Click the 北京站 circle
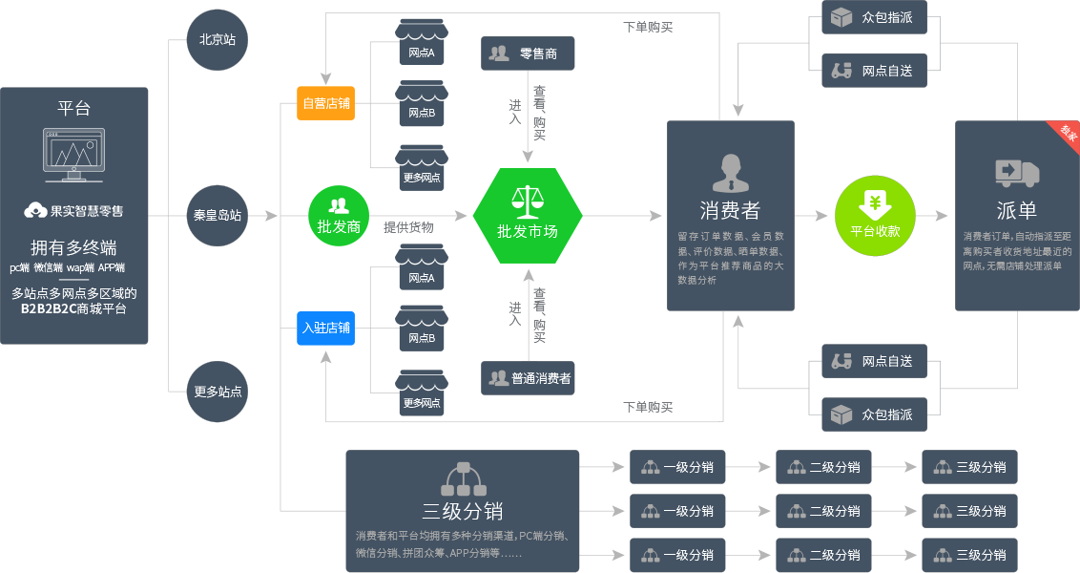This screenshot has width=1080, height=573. (218, 40)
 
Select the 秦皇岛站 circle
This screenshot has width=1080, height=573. (218, 216)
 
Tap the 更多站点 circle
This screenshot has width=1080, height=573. (218, 392)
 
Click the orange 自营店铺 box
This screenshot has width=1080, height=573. (326, 103)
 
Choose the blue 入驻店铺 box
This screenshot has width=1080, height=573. (326, 328)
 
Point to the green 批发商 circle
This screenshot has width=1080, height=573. (338, 216)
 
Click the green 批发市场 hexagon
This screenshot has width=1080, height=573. (528, 216)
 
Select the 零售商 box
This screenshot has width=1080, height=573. (528, 53)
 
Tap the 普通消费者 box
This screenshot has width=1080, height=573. (528, 378)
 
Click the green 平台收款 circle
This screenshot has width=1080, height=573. (875, 216)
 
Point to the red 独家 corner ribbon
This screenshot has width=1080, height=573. (1065, 135)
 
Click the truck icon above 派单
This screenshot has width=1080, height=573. (1017, 172)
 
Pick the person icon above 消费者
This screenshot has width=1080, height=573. (731, 173)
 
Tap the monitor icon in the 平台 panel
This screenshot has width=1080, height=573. (74, 155)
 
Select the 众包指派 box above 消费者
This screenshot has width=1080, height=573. (874, 18)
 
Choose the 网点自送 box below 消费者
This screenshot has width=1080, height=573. (874, 362)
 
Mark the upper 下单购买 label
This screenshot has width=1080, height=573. (648, 27)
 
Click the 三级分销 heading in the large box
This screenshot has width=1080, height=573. (463, 511)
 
